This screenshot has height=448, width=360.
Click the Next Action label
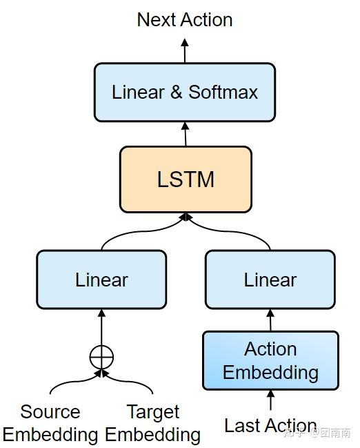(184, 19)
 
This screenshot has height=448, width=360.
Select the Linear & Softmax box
(184, 92)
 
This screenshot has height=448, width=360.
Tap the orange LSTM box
(186, 179)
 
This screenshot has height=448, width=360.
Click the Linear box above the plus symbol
(101, 280)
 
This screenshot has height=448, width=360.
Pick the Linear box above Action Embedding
(270, 280)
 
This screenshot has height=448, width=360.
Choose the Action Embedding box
(270, 360)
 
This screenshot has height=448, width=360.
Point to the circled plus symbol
(101, 356)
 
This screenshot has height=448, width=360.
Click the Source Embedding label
(50, 423)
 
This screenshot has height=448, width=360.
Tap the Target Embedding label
(152, 423)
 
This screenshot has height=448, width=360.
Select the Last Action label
(270, 425)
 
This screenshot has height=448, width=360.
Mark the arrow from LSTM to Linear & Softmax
(185, 133)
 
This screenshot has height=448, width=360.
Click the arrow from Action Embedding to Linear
(270, 320)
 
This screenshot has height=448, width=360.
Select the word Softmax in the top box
(223, 92)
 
